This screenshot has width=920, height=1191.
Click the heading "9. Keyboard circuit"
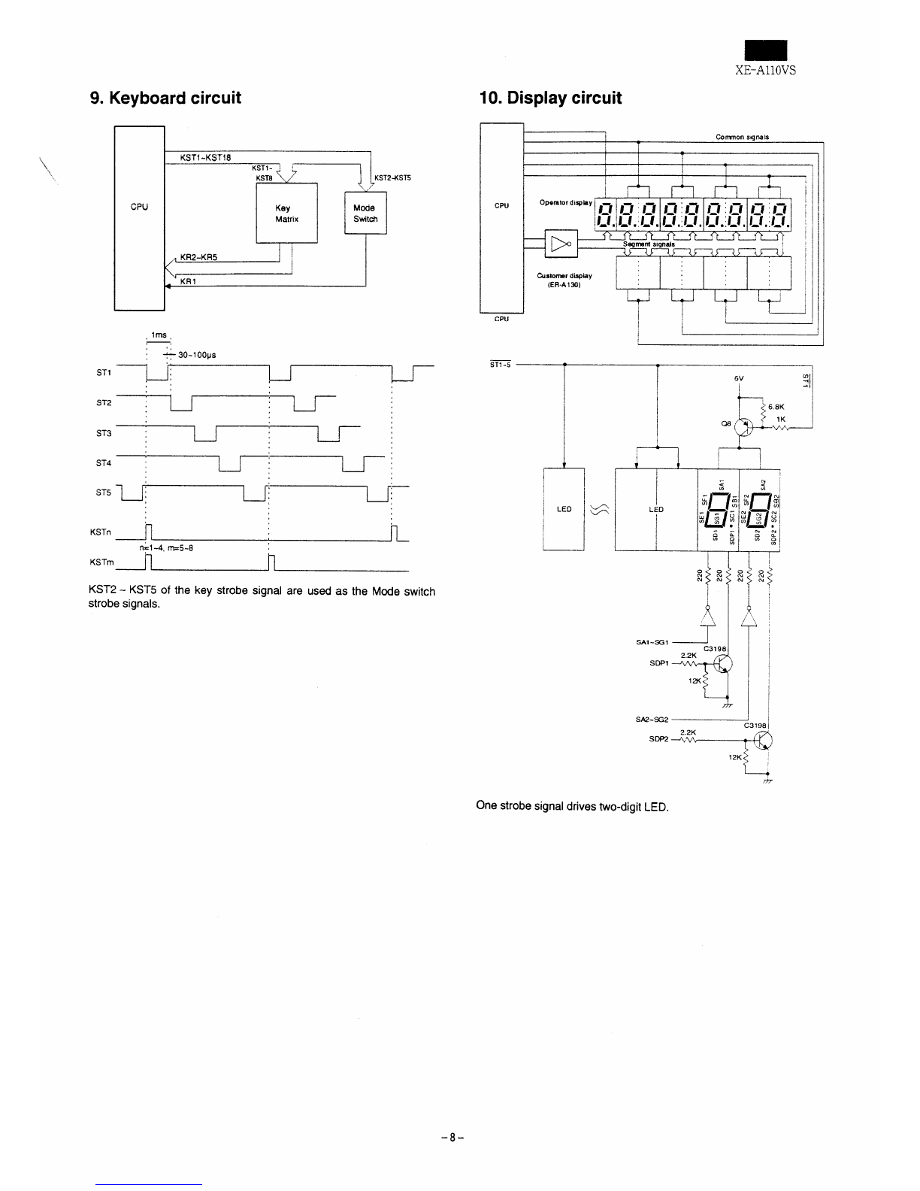click(x=165, y=98)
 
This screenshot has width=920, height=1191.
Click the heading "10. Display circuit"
click(x=550, y=98)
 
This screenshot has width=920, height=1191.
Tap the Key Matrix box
click(x=287, y=214)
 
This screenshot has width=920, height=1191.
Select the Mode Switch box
click(x=365, y=214)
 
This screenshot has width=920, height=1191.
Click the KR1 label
click(x=187, y=282)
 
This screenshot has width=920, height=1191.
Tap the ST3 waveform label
click(x=104, y=434)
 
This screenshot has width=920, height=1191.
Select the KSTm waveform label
click(x=101, y=562)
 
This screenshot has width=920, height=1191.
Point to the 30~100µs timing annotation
click(x=193, y=355)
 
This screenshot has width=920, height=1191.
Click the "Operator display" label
click(x=566, y=202)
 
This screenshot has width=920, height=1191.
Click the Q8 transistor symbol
click(x=744, y=427)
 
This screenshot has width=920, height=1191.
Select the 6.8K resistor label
click(x=776, y=406)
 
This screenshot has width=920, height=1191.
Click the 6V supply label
click(x=740, y=378)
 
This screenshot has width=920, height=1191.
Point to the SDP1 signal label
click(x=659, y=664)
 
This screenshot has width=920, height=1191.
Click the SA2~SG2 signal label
click(x=652, y=720)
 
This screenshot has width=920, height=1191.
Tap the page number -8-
click(x=453, y=1138)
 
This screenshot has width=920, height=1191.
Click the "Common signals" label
click(x=742, y=137)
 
